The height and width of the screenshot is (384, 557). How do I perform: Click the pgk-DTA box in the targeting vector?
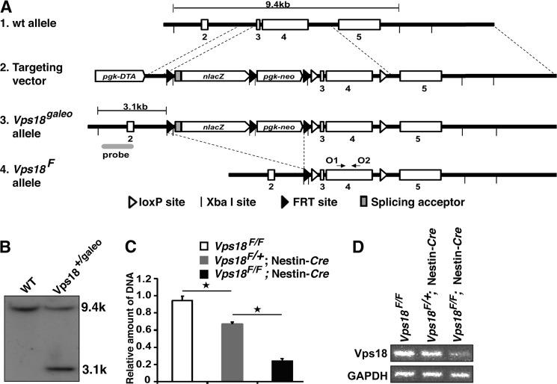pos(120,75)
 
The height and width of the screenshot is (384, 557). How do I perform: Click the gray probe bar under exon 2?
pos(118,146)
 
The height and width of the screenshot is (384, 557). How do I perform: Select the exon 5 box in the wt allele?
pos(359,25)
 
